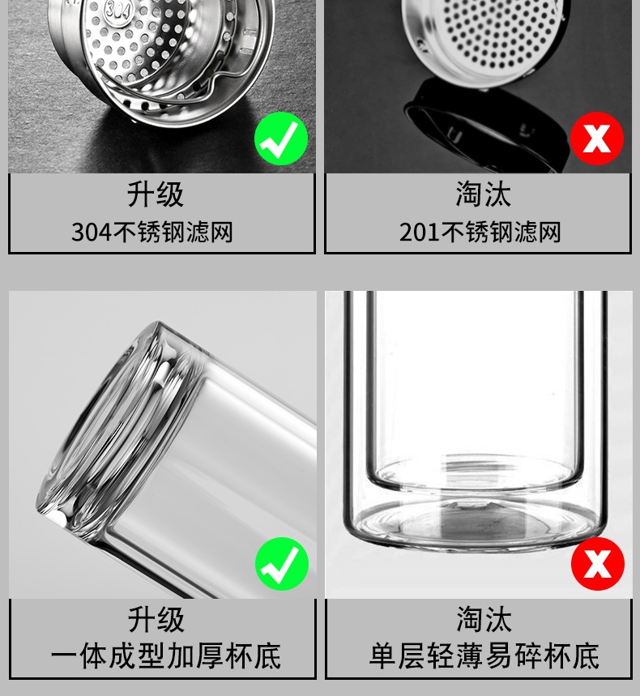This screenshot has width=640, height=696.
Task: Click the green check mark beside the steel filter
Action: pos(281,139)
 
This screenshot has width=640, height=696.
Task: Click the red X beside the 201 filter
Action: pos(597,139)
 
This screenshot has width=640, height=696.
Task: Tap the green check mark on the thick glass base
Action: pos(281,564)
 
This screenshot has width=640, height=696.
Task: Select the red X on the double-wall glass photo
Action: pos(597,564)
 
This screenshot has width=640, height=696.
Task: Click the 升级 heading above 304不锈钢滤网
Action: pos(156,195)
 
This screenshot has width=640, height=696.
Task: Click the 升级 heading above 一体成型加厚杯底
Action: pos(156,620)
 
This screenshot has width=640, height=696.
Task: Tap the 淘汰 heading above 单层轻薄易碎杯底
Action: pos(483,620)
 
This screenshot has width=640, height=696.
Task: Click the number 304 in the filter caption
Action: pos(91,233)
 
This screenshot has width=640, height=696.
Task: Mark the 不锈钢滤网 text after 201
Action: pos(500,233)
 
